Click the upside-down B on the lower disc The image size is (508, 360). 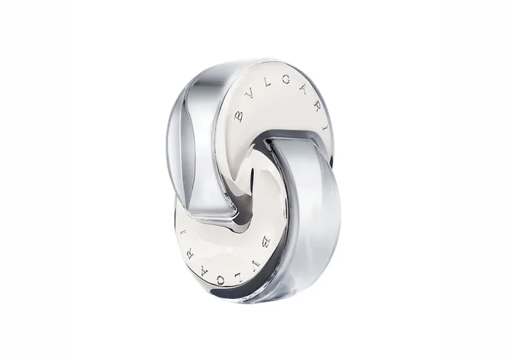(267, 241)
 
